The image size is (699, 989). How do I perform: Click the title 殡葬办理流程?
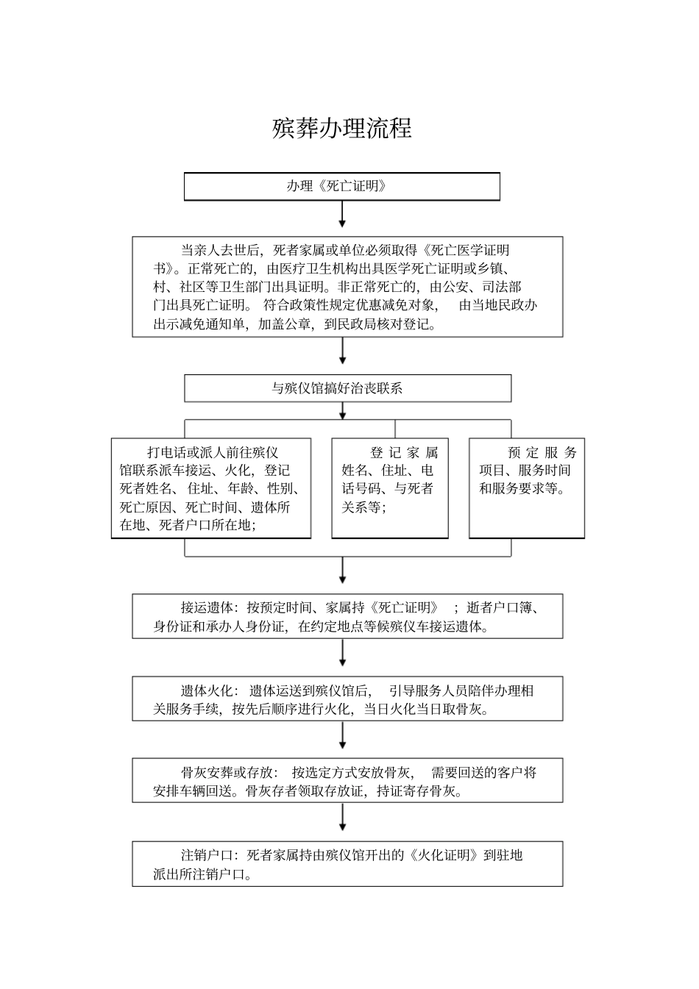tap(341, 128)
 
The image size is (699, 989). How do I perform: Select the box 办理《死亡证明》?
tap(341, 186)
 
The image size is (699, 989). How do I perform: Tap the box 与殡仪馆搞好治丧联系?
tap(347, 388)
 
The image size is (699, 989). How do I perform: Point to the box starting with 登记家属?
tap(390, 488)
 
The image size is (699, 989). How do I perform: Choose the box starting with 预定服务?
tap(527, 488)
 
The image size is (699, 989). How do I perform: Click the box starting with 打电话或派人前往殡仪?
tap(211, 488)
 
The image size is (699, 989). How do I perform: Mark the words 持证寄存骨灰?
tap(420, 792)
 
